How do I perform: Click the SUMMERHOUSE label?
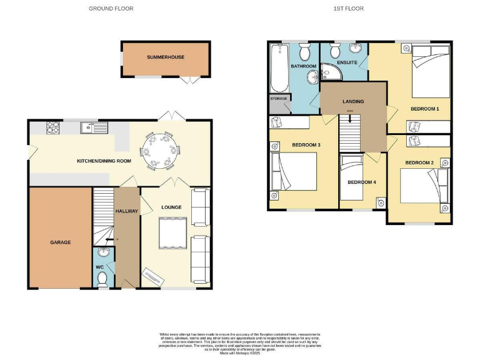click(166, 57)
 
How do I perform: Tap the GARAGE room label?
click(60, 242)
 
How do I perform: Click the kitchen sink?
click(90, 129)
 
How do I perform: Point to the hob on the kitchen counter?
click(51, 128)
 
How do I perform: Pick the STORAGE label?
click(278, 99)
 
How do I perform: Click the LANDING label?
click(352, 101)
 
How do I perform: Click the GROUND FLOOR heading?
click(111, 9)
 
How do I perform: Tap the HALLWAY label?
click(127, 211)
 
